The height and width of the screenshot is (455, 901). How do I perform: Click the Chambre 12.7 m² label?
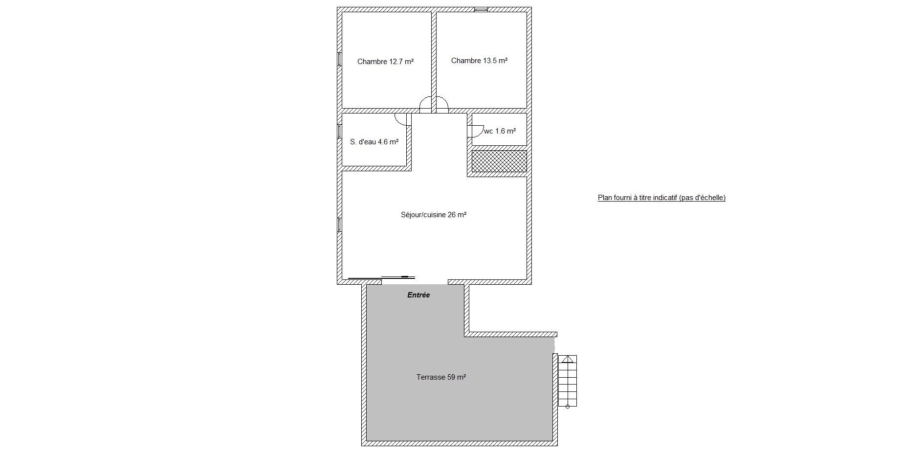385,62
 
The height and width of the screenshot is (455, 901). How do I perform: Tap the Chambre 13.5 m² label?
479,61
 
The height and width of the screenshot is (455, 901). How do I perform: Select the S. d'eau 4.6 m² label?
374,142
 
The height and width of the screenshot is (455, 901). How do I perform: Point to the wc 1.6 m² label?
500,131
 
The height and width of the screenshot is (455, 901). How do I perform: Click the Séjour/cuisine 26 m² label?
434,214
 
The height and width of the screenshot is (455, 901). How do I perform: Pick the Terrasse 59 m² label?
441,377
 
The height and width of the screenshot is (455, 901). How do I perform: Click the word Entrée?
418,295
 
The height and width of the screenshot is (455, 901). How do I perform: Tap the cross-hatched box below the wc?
499,161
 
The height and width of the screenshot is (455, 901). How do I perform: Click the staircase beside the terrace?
568,381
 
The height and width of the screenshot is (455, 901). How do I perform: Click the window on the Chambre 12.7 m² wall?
339,59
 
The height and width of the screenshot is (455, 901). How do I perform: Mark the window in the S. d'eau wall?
339,131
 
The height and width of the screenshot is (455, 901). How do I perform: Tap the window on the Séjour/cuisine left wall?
339,225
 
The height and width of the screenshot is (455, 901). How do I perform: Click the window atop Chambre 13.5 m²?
481,9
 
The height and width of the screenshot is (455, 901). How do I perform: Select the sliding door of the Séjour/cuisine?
382,277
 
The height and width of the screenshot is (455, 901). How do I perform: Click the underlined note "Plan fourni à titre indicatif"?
637,198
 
